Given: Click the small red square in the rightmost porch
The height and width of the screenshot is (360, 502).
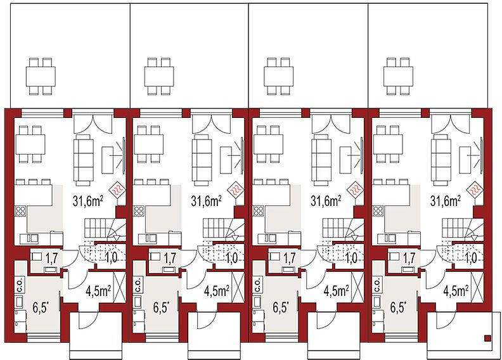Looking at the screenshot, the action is pos(487,338).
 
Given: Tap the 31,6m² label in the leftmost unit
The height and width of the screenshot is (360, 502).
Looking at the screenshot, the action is pos(87,202).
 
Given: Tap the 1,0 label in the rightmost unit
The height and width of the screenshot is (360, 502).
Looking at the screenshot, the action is pos(472,257).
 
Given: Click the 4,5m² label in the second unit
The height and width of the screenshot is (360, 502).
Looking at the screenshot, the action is pos(216,291).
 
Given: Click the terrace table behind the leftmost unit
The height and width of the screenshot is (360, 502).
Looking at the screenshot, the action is pos(41,77).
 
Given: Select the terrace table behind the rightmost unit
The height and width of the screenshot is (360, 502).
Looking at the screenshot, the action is pos(398,77).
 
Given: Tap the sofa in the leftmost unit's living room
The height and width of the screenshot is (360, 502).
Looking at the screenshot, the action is pos(84,160).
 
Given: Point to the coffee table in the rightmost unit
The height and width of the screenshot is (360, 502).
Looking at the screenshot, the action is pos(465,160).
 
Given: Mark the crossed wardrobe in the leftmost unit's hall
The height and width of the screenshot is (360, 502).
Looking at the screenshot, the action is pos(119,286).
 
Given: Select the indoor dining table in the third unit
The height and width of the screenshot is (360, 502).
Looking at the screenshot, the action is pos(268,145).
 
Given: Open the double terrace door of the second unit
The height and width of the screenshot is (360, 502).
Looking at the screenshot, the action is pos(211,123).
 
